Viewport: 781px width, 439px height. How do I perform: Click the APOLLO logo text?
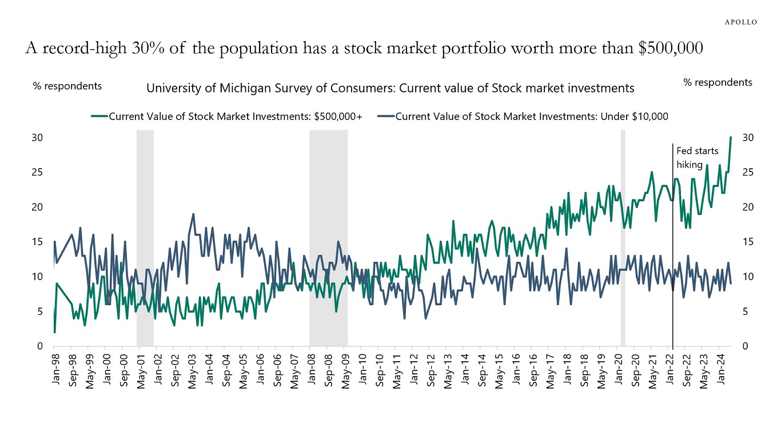740,22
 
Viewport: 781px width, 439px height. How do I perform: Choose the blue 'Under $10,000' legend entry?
523,117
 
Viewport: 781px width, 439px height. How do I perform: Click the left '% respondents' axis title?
67,86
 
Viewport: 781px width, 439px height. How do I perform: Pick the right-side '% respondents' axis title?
718,82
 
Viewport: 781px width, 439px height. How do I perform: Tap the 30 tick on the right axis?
747,138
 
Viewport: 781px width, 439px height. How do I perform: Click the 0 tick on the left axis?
40,346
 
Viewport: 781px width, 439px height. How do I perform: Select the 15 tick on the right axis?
747,242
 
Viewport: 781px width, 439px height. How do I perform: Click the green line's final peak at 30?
731,137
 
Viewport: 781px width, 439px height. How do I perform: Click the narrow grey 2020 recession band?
623,240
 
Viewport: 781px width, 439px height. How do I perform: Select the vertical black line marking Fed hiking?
672,257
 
